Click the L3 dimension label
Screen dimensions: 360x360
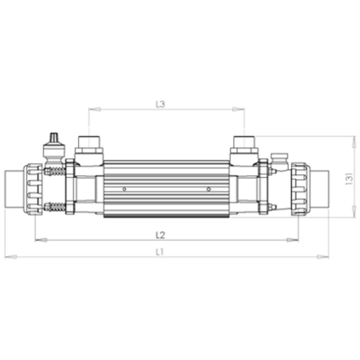(160, 105)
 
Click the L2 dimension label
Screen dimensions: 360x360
(160, 235)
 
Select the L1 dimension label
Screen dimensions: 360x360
(160, 252)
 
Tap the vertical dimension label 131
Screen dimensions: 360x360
(349, 179)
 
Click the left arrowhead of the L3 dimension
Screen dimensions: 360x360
(95, 109)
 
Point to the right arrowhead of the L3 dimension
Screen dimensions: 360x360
(238, 109)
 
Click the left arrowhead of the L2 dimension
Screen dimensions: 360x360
(41, 240)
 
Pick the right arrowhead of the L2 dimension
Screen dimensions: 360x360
(292, 240)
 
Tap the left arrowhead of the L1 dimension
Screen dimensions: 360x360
(10, 257)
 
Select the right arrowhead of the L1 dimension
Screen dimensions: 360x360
(322, 257)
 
